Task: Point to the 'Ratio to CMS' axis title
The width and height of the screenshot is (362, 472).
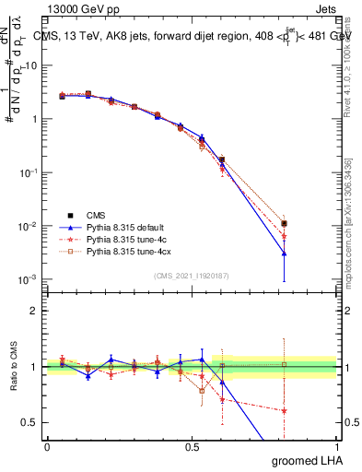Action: point(13,367)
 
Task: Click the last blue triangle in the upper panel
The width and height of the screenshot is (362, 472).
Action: point(285,253)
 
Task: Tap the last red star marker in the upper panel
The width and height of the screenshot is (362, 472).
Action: point(285,236)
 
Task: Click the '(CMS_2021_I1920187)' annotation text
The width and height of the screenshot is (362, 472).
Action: point(192,276)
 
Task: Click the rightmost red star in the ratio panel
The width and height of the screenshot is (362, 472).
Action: point(285,410)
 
